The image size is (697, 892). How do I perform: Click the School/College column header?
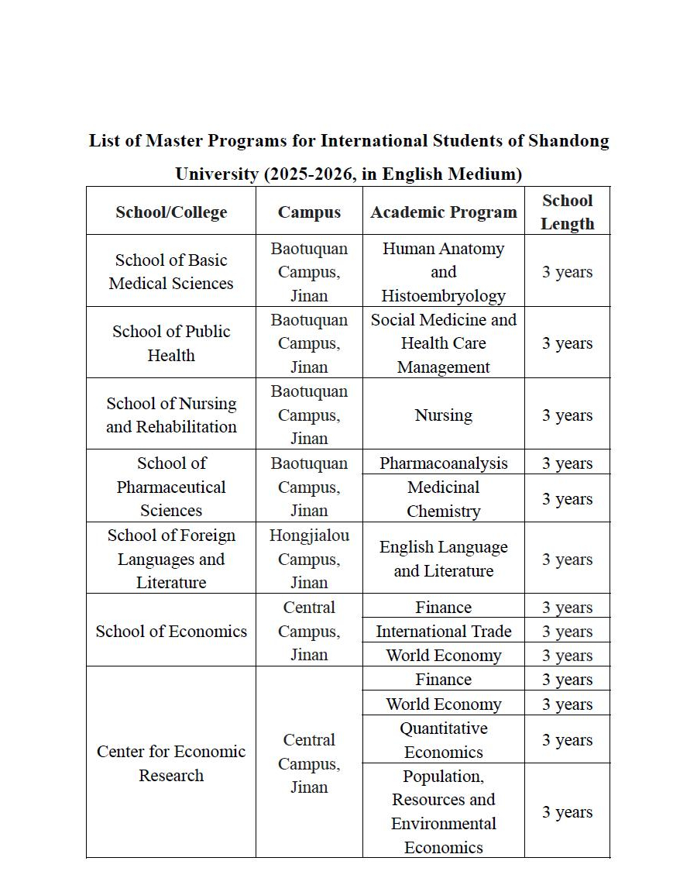click(x=171, y=212)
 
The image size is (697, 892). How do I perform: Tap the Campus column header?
click(x=309, y=212)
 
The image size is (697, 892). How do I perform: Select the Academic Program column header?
click(x=443, y=212)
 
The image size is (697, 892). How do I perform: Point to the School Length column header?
click(x=567, y=212)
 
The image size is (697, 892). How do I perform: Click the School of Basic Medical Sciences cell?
click(x=171, y=272)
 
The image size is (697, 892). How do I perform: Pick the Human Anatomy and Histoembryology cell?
click(x=443, y=272)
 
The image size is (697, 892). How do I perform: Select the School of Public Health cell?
click(x=171, y=343)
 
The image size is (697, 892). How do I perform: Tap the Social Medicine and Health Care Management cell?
click(x=443, y=343)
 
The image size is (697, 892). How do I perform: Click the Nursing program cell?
click(x=443, y=415)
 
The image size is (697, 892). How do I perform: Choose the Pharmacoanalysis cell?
click(x=443, y=463)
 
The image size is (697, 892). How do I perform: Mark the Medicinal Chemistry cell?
click(x=443, y=499)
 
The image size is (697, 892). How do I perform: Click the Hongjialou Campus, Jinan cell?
click(x=309, y=559)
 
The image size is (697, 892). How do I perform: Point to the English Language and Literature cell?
click(x=443, y=559)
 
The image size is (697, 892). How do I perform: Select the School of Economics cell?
click(x=171, y=631)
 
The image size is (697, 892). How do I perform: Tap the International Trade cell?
click(x=443, y=632)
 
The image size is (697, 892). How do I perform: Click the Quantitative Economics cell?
click(x=443, y=740)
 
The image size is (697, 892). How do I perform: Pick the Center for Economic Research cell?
click(x=171, y=763)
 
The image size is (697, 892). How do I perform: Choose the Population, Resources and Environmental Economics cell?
click(x=443, y=811)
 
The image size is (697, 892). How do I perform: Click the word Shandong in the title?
click(x=568, y=141)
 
